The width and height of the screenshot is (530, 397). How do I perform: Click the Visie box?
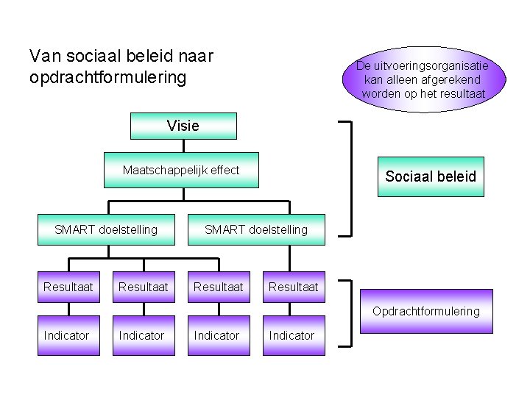pyautogui.click(x=183, y=126)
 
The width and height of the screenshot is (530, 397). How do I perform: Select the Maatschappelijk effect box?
pyautogui.click(x=181, y=170)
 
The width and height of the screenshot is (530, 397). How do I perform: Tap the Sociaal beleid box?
pyautogui.click(x=431, y=176)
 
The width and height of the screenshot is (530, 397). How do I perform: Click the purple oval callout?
pyautogui.click(x=423, y=79)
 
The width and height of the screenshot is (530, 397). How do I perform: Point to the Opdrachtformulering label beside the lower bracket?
pyautogui.click(x=425, y=311)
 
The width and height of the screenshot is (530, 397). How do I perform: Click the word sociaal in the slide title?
pyautogui.click(x=93, y=55)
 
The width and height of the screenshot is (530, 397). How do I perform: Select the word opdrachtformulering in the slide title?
pyautogui.click(x=107, y=76)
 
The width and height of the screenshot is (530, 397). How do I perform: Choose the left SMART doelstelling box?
pyautogui.click(x=106, y=229)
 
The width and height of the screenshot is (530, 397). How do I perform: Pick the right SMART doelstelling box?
pyautogui.click(x=256, y=229)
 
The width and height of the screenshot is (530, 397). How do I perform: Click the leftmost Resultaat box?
pyautogui.click(x=68, y=287)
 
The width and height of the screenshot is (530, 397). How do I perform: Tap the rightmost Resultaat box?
pyautogui.click(x=294, y=287)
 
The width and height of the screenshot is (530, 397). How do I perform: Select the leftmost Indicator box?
pyautogui.click(x=66, y=335)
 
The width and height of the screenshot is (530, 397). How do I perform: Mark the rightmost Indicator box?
pyautogui.click(x=291, y=335)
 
